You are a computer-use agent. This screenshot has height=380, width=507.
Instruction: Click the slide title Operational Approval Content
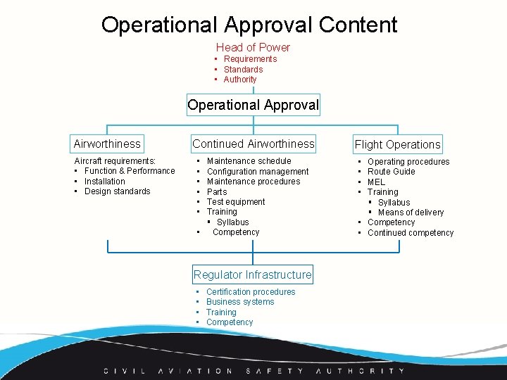click(x=249, y=25)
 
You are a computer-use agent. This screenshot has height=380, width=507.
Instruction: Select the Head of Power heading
click(x=253, y=47)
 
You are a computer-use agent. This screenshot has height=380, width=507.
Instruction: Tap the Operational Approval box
click(x=253, y=105)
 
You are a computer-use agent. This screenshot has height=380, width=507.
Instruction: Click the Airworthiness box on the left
click(x=107, y=144)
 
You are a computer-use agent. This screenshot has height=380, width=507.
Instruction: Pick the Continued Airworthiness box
click(x=254, y=144)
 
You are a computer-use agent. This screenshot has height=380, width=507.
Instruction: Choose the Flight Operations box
click(x=398, y=144)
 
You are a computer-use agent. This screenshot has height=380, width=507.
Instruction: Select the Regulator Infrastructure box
click(x=253, y=274)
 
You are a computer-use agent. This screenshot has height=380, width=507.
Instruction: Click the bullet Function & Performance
click(x=130, y=171)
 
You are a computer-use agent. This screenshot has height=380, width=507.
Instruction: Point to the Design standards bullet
click(x=118, y=191)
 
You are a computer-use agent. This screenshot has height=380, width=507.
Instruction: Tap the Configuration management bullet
click(x=258, y=171)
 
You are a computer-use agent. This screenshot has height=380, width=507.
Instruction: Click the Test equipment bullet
click(x=236, y=202)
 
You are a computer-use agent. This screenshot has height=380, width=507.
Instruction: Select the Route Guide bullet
click(x=392, y=172)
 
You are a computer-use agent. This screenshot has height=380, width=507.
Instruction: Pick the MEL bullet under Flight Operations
click(x=377, y=182)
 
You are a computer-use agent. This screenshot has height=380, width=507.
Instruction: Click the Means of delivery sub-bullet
click(x=411, y=213)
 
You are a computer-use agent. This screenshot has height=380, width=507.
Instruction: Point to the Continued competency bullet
click(x=411, y=233)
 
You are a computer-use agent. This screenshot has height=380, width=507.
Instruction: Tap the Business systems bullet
click(x=240, y=302)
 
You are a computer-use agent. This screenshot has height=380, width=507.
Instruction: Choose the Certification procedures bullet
click(x=251, y=292)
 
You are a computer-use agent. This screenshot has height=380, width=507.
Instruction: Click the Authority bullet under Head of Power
click(x=240, y=80)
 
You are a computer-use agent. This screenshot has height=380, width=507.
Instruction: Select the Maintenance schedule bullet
click(x=249, y=161)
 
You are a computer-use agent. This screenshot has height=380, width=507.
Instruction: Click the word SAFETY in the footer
click(x=275, y=371)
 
